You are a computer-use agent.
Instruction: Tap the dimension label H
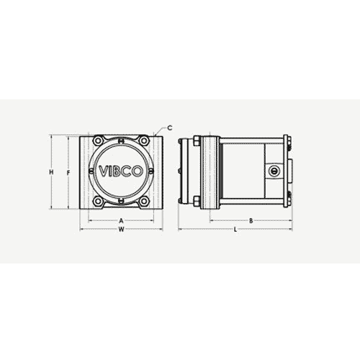point(50,172)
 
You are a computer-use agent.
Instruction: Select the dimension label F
point(67,173)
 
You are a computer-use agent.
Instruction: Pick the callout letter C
point(170,127)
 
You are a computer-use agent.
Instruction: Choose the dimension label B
point(249,220)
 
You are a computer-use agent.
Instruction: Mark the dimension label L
point(235,230)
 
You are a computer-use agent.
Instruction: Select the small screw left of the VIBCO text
point(91,172)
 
